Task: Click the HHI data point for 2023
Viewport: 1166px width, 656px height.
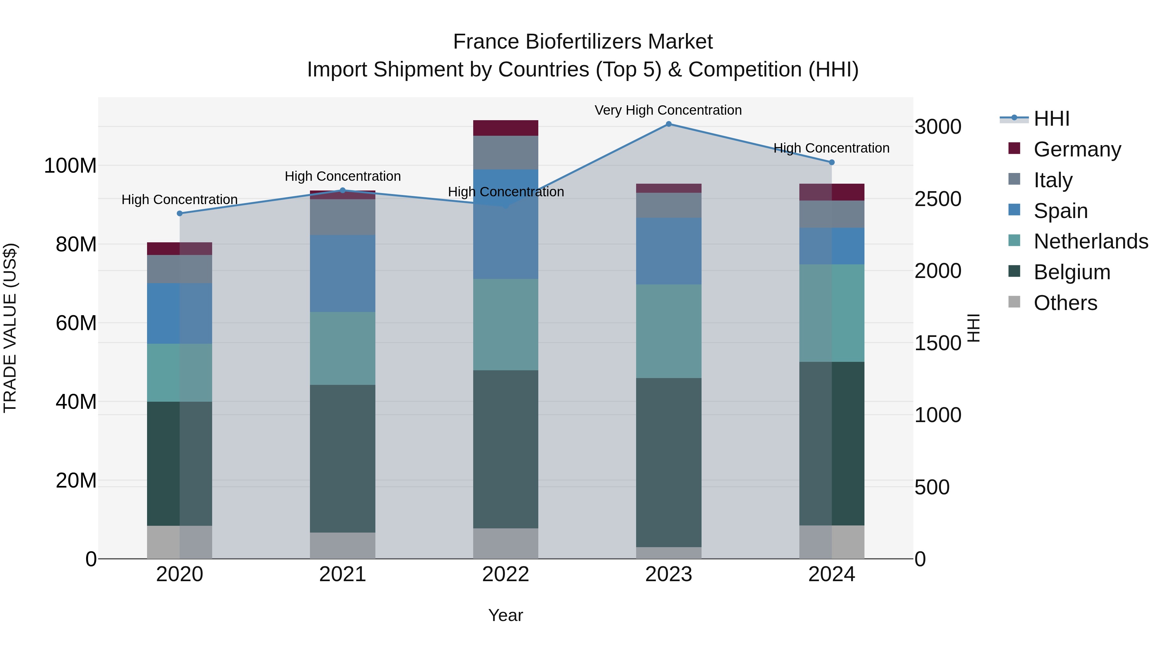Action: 669,124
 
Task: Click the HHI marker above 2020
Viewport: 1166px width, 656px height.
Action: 180,213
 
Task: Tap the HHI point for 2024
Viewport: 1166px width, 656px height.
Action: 831,162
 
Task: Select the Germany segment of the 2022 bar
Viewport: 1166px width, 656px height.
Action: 506,128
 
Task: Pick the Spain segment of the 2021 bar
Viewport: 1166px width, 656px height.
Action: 343,273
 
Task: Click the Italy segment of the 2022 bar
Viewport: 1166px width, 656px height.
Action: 506,153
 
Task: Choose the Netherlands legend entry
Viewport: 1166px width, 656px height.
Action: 1091,241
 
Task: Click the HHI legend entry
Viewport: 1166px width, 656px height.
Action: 1051,119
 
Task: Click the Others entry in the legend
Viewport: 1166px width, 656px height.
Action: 1065,303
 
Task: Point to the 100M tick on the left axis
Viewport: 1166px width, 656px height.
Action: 70,166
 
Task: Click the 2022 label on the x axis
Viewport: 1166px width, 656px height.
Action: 506,574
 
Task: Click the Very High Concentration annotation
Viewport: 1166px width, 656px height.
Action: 668,110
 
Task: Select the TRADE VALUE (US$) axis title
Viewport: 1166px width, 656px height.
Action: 10,328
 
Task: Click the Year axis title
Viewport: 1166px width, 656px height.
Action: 506,615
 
